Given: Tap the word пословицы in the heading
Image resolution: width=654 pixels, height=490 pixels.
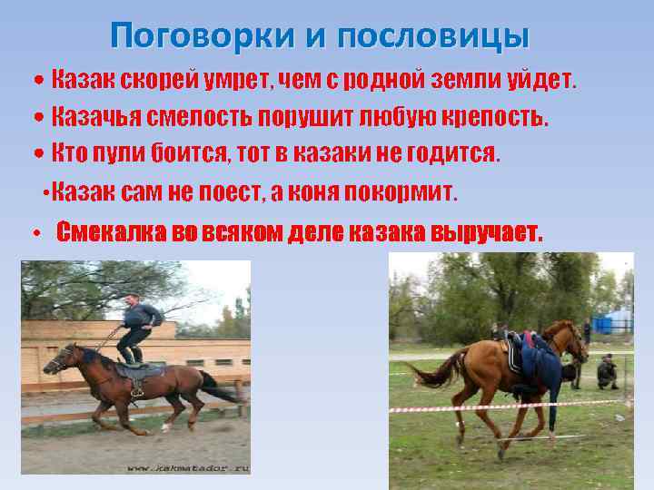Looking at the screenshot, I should [x=433, y=35].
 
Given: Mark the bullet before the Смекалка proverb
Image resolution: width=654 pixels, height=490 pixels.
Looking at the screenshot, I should [x=34, y=233].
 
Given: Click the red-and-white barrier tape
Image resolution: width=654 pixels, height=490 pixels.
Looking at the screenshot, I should [x=509, y=407].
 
